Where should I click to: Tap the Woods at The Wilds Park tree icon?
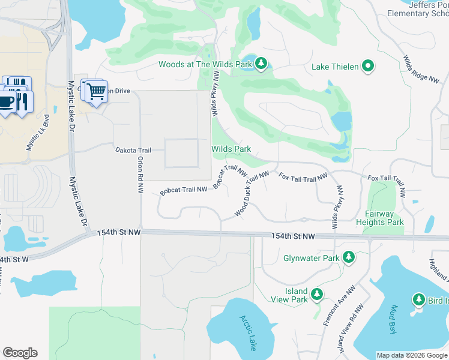[261, 64]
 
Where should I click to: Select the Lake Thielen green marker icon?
[368, 67]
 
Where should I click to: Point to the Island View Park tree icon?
[317, 294]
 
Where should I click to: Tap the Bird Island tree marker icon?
[419, 299]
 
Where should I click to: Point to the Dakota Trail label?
[131, 149]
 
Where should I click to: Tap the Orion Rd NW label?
[140, 170]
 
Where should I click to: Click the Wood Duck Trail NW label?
[252, 193]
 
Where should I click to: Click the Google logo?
[20, 353]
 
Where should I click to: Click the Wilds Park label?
[231, 149]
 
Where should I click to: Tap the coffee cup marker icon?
[7, 99]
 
